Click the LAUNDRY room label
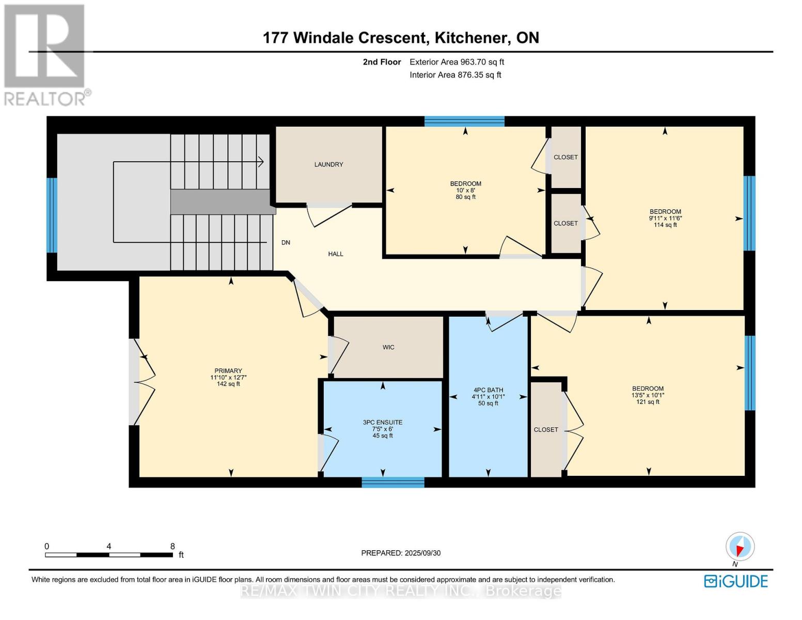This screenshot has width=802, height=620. pos(328,164)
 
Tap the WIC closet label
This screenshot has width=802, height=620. pos(388,347)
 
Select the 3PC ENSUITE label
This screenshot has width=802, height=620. pos(382,423)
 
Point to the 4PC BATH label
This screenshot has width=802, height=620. pos(489,390)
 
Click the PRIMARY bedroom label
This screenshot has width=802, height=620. pos(228,371)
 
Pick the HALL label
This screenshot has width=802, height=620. pos(336,254)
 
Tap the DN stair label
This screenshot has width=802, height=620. pos(286,243)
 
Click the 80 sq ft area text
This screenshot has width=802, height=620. pos(465,197)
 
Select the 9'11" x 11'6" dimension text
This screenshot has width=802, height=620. pos(665,218)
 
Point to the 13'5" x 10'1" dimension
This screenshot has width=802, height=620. pos(648,395)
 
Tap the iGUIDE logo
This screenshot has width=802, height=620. pos(736,581)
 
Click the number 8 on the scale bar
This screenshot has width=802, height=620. pos(172,546)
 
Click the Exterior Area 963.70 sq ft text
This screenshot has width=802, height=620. pos(457,62)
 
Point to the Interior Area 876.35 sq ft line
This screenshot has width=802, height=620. pos(455,75)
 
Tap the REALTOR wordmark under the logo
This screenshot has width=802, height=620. pos(45,99)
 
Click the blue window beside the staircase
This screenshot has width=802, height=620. pos(52,215)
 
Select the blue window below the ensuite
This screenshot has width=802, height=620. pos(392,482)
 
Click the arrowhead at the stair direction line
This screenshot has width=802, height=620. pos(261,162)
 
